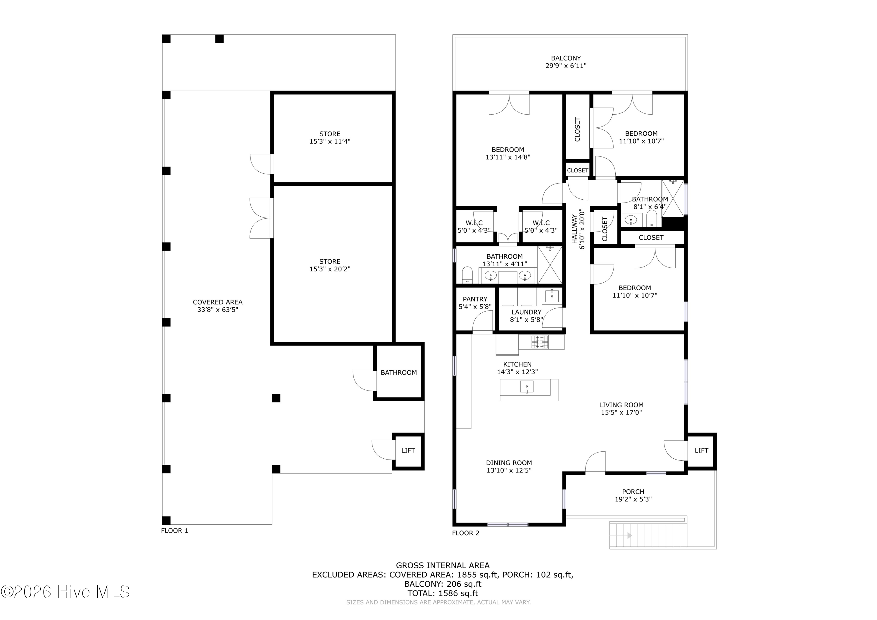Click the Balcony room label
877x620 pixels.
point(566,58)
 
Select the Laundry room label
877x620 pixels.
point(526,312)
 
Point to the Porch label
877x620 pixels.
point(633,492)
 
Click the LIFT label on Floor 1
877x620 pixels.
point(408,450)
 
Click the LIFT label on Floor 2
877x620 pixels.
point(701,450)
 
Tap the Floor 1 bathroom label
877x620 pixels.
point(399,372)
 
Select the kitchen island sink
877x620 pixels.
point(527,387)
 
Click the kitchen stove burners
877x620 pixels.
point(540,342)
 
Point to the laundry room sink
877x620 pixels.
point(552,296)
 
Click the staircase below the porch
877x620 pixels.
point(648,536)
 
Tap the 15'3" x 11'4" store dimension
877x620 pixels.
point(330,141)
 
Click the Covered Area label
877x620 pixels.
point(218,302)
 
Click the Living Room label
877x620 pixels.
point(621,405)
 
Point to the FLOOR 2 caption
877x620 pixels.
point(466,533)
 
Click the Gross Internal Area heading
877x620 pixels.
point(443,565)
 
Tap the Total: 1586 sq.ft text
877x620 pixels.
point(443,593)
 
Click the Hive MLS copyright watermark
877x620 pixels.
point(65,592)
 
